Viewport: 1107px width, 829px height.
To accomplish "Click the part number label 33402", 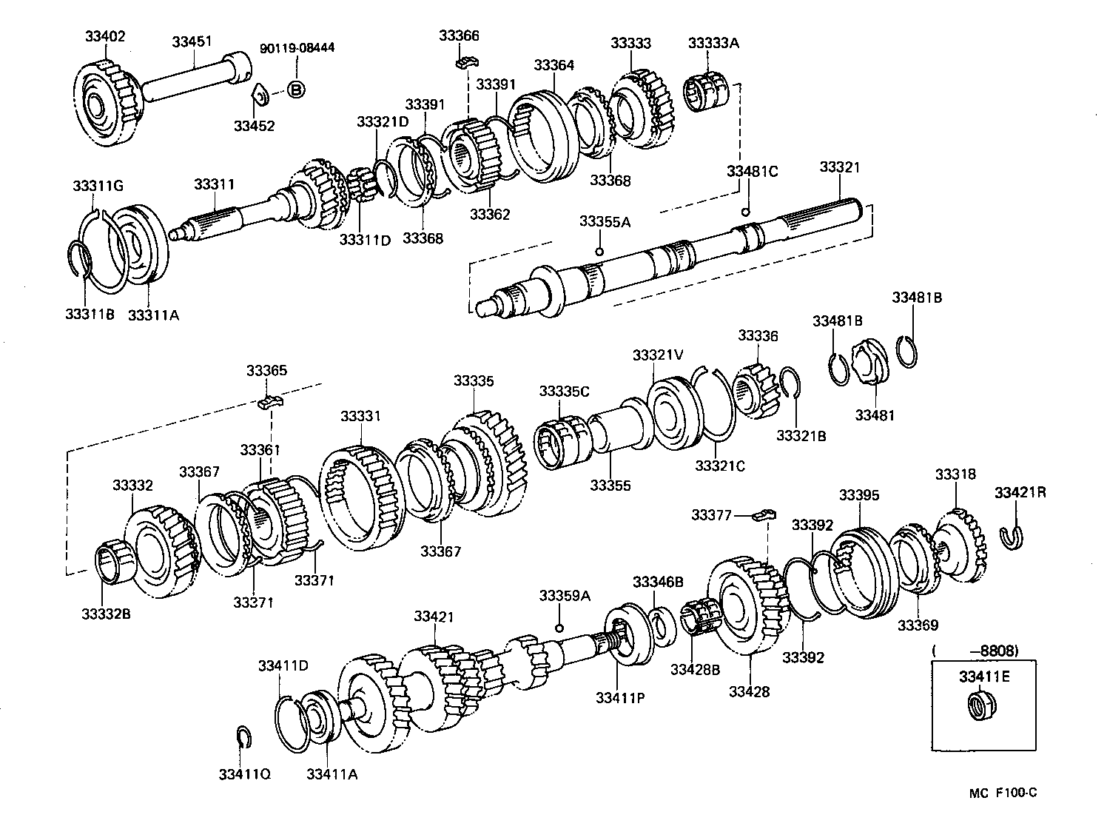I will pos(105,35).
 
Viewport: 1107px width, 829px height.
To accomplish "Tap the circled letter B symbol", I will pos(295,90).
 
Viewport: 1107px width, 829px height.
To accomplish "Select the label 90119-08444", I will pos(297,48).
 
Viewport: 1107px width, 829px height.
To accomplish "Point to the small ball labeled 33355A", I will pos(599,252).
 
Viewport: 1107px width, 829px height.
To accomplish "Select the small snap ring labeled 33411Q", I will pos(244,737).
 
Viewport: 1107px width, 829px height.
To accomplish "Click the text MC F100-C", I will pos(1003,793).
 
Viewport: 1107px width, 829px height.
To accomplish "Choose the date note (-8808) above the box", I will pos(975,651).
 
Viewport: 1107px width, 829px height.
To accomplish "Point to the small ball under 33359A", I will pos(560,628).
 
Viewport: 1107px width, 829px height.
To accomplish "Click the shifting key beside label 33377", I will pos(763,514).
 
